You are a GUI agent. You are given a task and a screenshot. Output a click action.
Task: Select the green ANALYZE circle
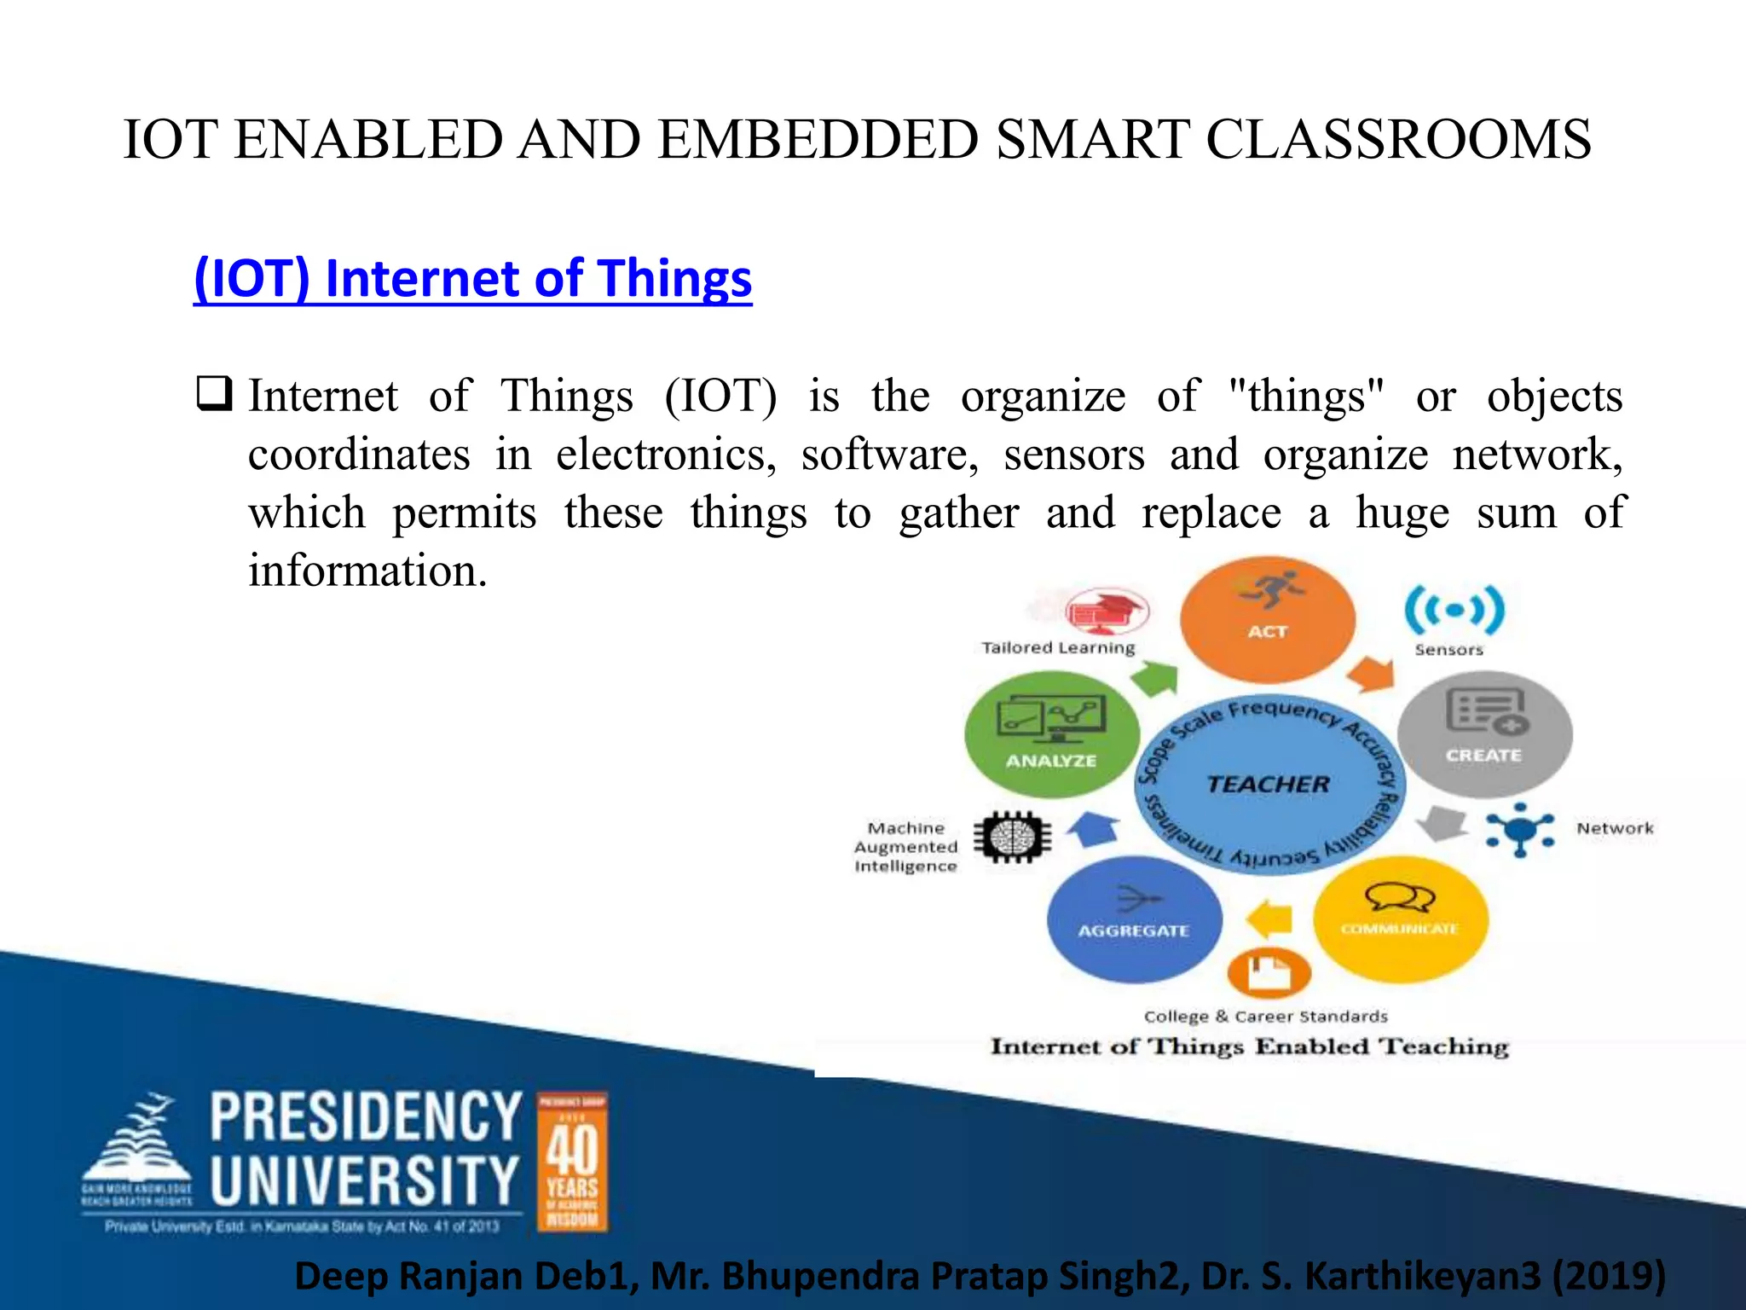(1051, 735)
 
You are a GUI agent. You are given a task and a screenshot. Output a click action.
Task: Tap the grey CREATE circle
(1484, 733)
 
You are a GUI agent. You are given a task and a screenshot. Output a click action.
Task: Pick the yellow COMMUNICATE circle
(1400, 919)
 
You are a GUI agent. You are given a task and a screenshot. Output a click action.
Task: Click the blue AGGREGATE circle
(1134, 919)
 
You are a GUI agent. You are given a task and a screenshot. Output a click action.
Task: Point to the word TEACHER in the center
(1268, 784)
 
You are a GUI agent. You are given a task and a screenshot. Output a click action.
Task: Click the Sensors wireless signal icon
(1454, 610)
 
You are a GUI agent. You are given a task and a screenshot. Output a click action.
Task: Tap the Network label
(1614, 828)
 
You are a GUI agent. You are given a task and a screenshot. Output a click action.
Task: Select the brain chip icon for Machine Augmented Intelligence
(1012, 836)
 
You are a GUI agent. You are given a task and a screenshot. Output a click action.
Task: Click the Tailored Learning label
(1058, 647)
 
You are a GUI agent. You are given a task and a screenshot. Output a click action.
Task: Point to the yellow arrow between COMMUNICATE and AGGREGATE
(1269, 920)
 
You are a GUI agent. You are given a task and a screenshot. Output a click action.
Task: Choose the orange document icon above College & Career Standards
(1269, 971)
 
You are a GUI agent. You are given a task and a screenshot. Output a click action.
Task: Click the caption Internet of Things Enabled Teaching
(1249, 1046)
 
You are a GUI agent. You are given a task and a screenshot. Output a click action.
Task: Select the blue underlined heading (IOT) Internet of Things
(472, 279)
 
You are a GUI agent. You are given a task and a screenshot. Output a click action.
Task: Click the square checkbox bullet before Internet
(213, 394)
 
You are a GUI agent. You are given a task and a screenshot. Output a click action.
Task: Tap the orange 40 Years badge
(572, 1162)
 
